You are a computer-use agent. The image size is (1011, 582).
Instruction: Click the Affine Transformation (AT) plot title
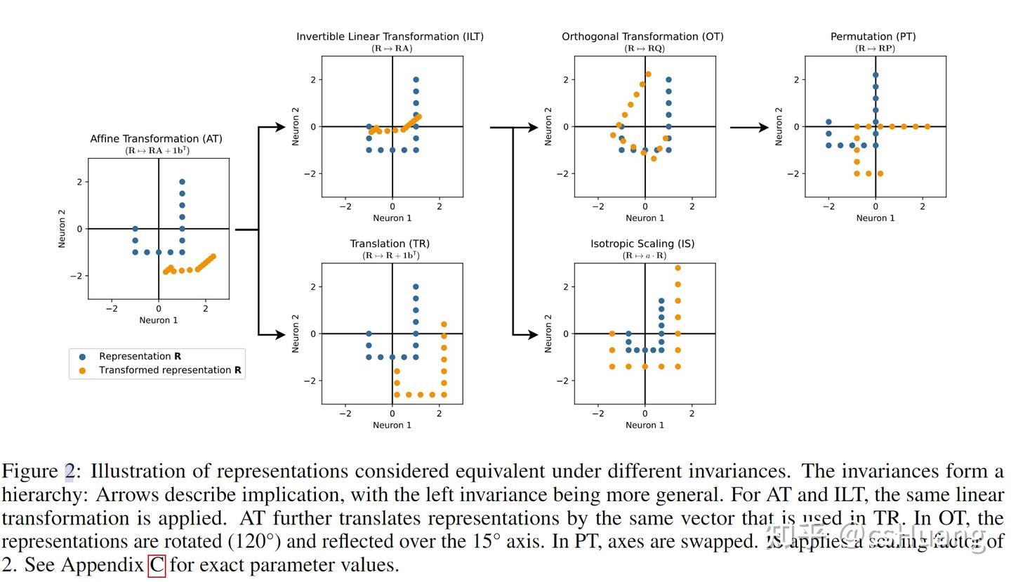coord(156,139)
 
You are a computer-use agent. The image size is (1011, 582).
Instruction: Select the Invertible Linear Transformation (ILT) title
coord(390,37)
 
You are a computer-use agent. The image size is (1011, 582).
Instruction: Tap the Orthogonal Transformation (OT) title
coord(642,37)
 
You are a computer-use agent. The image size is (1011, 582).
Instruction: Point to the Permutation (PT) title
coord(873,37)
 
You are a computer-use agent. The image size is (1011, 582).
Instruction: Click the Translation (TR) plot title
coord(390,244)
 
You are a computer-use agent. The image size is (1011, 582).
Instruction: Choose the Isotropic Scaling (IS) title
coord(642,244)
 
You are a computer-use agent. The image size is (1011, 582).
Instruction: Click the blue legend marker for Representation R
coord(82,357)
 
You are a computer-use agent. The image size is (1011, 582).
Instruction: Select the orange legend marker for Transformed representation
coord(82,371)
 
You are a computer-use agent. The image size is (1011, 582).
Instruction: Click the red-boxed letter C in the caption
coord(157,565)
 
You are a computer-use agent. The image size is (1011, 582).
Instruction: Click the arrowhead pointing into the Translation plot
coord(280,334)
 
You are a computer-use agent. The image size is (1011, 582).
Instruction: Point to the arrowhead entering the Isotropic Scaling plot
coord(533,334)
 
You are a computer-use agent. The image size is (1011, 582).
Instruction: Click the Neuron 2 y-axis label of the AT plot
coord(62,228)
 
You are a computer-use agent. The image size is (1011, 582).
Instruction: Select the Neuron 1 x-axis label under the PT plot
coord(875,218)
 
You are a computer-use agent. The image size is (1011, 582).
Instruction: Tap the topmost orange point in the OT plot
coord(648,74)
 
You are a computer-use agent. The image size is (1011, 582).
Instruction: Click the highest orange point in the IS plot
coord(678,268)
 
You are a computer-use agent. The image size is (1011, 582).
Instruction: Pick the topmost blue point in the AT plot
coord(182,182)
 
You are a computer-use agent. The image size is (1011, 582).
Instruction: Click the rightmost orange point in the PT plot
coord(927,127)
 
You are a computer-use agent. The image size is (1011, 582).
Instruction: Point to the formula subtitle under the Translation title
coord(391,256)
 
